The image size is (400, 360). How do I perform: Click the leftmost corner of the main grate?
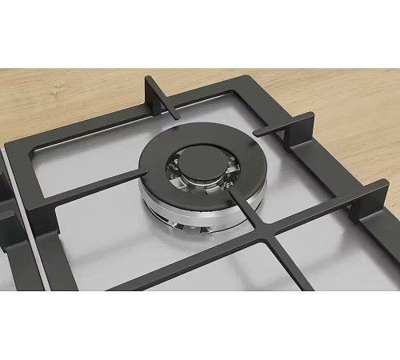click(x=12, y=152)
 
